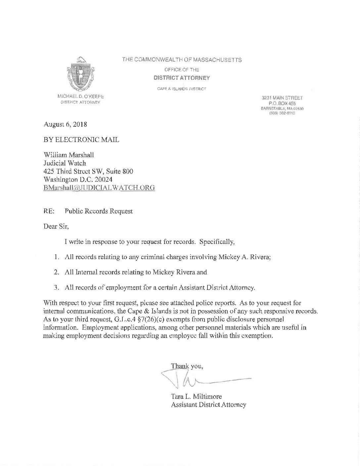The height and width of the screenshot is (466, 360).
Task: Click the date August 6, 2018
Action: pos(65,125)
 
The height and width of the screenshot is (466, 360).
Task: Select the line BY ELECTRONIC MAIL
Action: pos(81,140)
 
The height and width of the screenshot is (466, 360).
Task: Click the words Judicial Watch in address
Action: pos(65,163)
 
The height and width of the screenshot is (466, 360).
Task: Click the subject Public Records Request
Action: pos(99,211)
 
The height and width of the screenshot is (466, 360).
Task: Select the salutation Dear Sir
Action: pos(56,226)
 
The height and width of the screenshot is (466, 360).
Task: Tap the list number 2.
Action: pos(57,272)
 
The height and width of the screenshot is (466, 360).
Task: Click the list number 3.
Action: pos(57,287)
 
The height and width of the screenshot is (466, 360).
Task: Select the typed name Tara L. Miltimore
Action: pos(196,396)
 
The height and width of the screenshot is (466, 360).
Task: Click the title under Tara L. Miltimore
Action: pos(208,404)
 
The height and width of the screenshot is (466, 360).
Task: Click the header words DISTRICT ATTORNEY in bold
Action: pos(182,78)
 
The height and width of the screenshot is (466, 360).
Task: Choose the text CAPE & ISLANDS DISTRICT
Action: pos(182,89)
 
